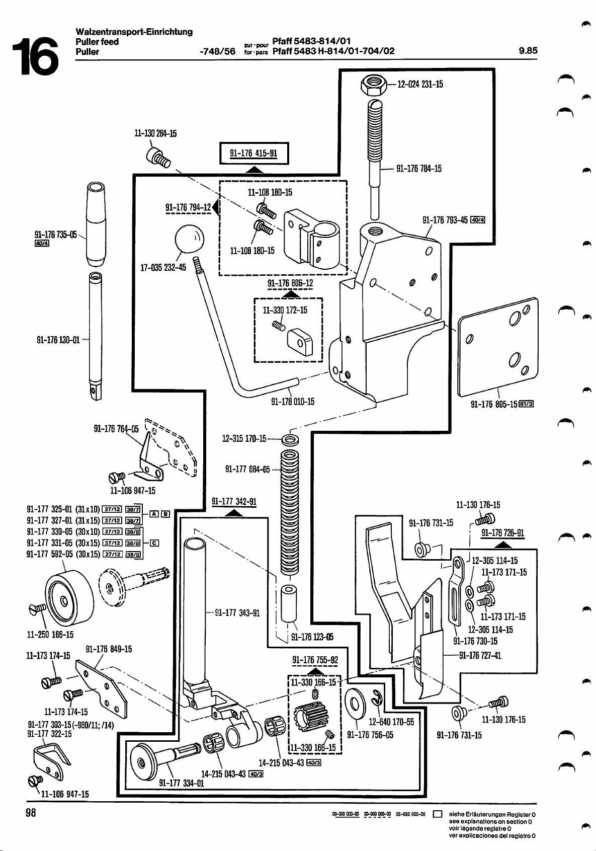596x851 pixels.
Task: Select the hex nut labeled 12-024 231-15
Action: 374,84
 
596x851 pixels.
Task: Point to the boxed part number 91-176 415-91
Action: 253,153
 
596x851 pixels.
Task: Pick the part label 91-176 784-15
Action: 419,169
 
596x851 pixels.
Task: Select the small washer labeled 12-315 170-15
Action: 290,440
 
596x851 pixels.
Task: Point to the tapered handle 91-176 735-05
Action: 97,224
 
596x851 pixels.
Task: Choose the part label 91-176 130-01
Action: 58,340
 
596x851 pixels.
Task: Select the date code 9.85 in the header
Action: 528,50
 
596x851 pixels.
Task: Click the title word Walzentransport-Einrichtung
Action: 134,32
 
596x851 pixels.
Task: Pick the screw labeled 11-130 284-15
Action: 157,157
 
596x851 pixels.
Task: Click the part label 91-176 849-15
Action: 109,649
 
